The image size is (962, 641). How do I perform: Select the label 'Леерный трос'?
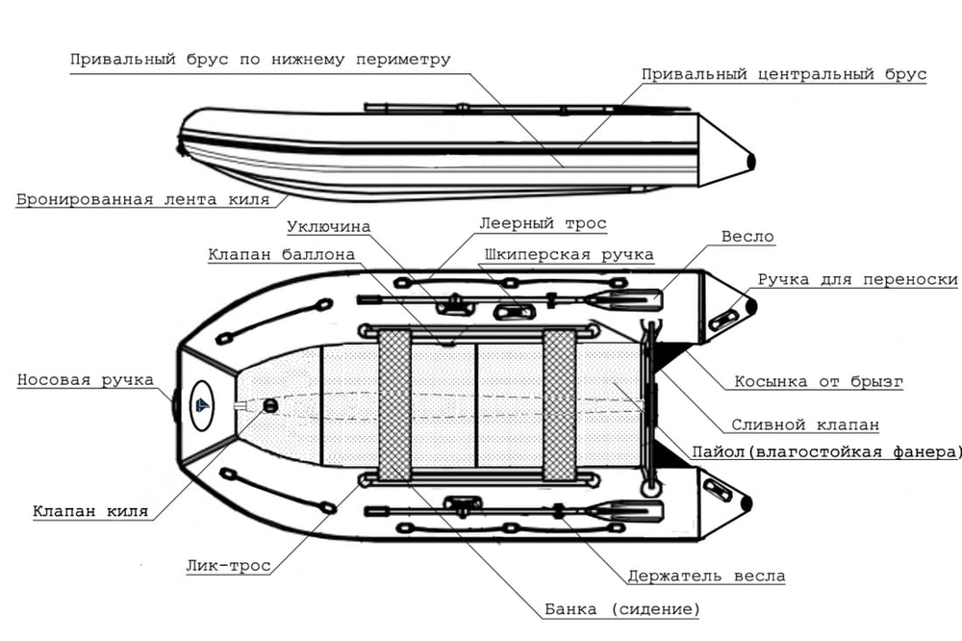click(543, 223)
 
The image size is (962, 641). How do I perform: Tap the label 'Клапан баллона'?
click(281, 255)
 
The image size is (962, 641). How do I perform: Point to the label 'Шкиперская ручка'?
click(570, 255)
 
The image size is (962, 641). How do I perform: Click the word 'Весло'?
click(747, 236)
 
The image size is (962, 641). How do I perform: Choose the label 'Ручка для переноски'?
click(857, 280)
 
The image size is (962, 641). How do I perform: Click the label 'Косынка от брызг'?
click(819, 381)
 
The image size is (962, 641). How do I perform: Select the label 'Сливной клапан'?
click(804, 423)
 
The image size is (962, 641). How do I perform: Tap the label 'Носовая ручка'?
click(85, 380)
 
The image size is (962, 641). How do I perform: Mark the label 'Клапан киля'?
click(90, 511)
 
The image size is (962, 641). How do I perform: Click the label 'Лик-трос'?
click(228, 566)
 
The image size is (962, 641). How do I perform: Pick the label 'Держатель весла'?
click(705, 577)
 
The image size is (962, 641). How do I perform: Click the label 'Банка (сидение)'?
click(621, 609)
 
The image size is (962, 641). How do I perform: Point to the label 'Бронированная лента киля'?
click(141, 200)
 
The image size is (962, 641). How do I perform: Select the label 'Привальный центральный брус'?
click(784, 74)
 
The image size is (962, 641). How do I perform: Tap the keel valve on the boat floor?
click(269, 406)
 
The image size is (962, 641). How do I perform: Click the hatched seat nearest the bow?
click(394, 405)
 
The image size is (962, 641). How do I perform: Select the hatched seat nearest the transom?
click(559, 405)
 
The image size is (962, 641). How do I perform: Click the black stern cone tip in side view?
click(751, 161)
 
